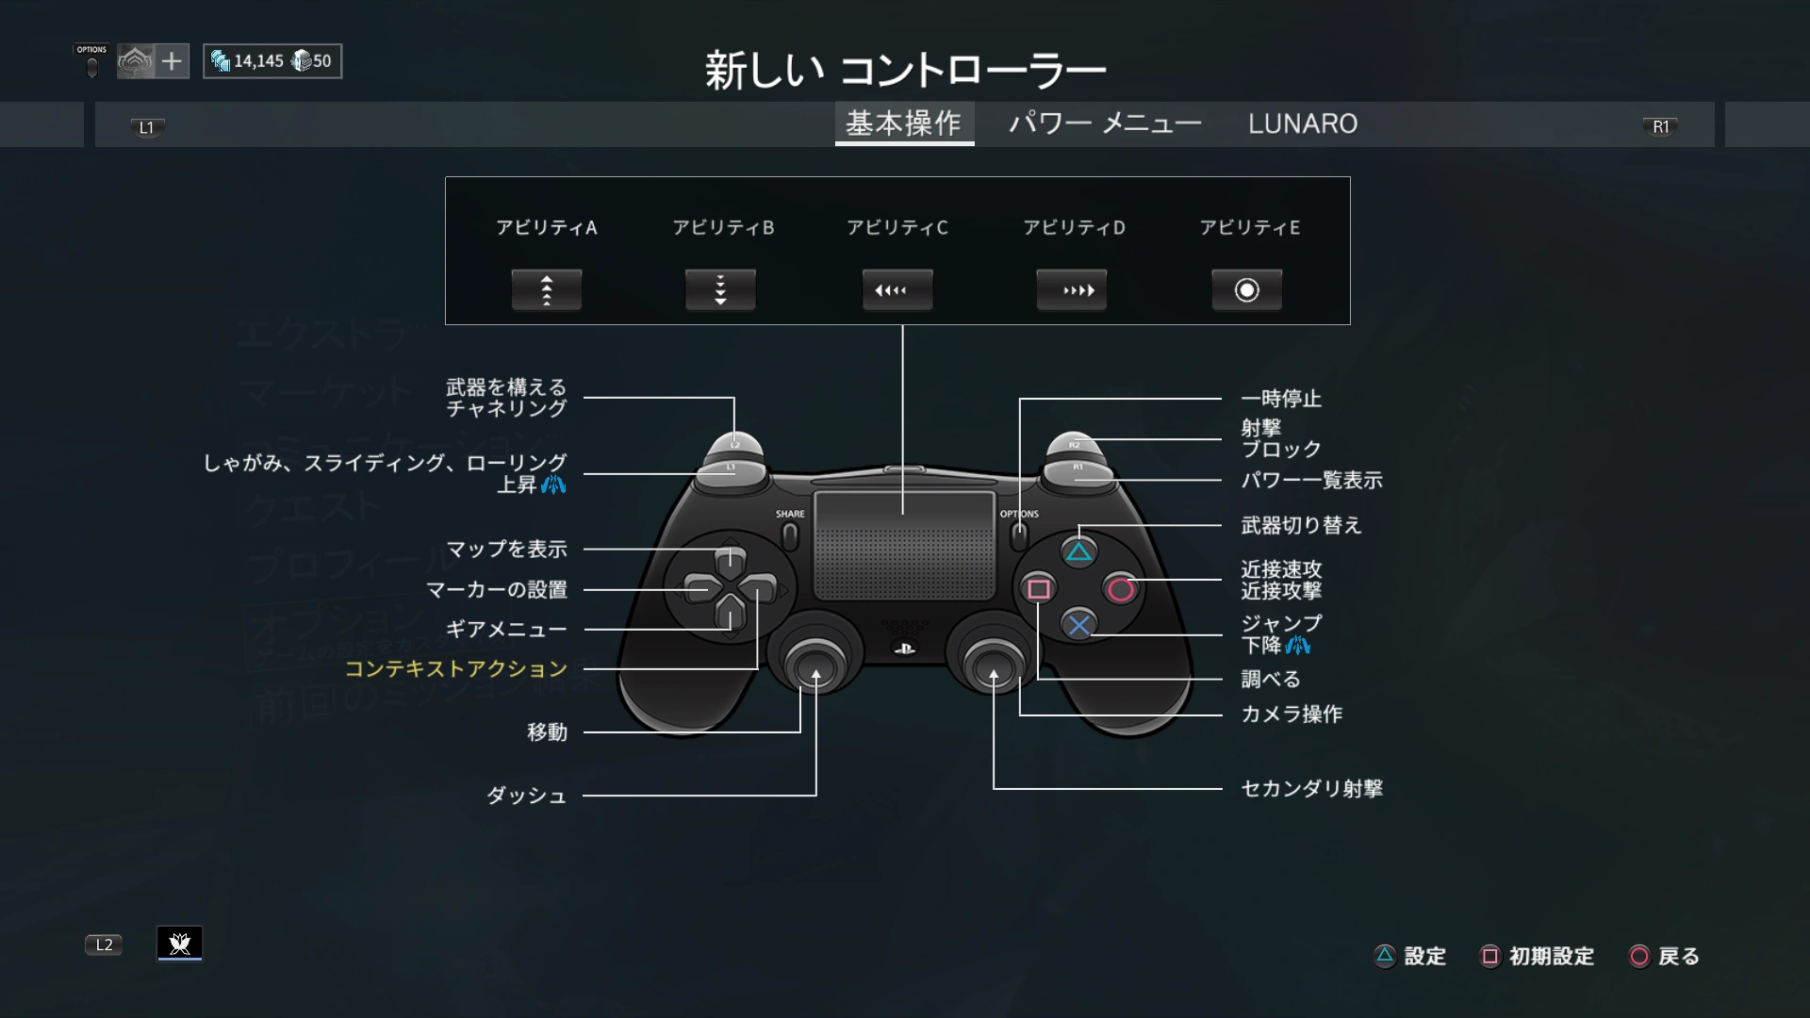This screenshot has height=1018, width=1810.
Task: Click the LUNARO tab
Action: [x=1302, y=123]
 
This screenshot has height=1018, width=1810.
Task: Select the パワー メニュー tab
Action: [x=1105, y=123]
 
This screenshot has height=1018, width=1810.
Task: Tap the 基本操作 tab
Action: [x=903, y=123]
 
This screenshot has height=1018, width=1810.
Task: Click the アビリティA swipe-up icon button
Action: [x=547, y=290]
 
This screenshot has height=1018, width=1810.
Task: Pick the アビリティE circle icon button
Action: [x=1246, y=290]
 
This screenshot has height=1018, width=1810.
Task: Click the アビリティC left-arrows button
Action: [x=897, y=290]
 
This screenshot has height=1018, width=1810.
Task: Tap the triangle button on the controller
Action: [x=1078, y=552]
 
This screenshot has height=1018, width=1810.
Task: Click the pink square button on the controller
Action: [x=1039, y=589]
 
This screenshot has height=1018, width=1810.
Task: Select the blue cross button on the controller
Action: [x=1079, y=624]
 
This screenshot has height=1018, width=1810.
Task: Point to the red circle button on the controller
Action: [x=1121, y=589]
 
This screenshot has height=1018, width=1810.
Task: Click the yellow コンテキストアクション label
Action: [x=456, y=668]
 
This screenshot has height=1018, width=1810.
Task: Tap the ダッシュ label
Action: [x=526, y=796]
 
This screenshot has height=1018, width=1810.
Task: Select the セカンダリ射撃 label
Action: [x=1311, y=788]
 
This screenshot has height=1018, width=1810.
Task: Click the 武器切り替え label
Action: [x=1301, y=525]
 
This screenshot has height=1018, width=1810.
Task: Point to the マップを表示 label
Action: [x=506, y=549]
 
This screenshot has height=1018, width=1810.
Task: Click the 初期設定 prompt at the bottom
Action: [x=1551, y=957]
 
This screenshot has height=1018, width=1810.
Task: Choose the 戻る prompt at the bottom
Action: [x=1677, y=957]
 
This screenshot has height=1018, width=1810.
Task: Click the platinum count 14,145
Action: [x=257, y=61]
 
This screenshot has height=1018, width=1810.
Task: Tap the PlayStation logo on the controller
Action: [x=903, y=649]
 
